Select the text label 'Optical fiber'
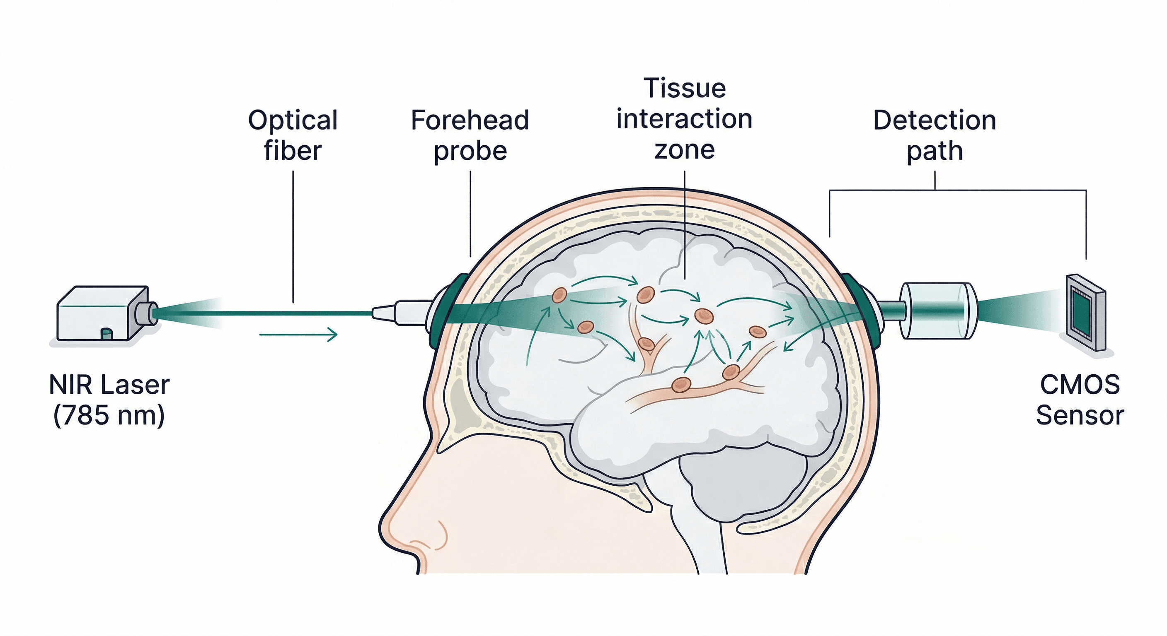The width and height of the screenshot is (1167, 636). click(293, 135)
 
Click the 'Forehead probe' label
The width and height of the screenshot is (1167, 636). click(470, 135)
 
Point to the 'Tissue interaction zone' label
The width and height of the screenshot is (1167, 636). click(684, 118)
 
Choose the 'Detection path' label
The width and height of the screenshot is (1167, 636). click(935, 135)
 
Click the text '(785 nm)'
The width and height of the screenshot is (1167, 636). click(109, 415)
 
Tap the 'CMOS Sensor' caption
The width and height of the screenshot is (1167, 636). click(1080, 400)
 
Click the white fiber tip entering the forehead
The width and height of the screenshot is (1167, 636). click(399, 311)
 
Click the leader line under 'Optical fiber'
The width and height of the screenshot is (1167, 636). click(293, 235)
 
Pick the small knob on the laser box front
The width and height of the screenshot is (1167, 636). click(107, 334)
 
